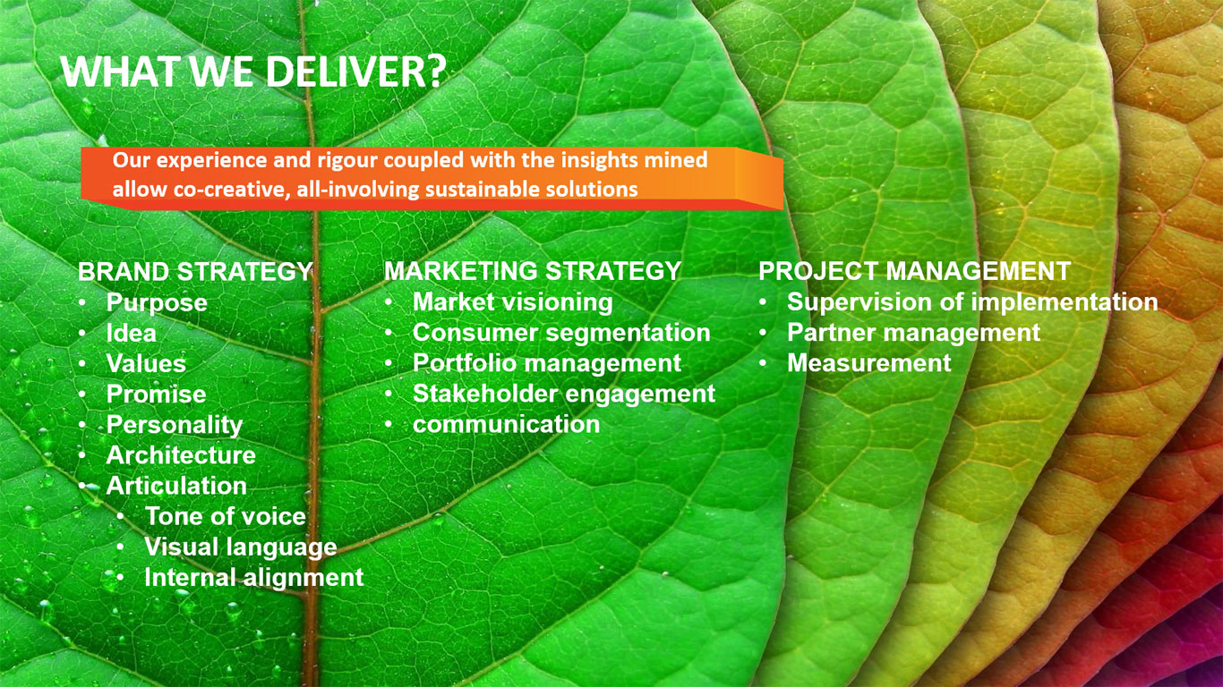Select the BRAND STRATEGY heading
pos(195,272)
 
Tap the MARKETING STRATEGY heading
pos(533,271)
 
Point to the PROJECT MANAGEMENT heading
pos(914,271)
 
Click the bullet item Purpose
pos(157,303)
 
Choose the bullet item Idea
pos(131,333)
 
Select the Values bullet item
pos(146,363)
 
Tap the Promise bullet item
pos(156,394)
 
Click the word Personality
pos(175,426)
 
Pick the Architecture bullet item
pos(181,455)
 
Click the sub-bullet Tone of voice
pos(225,516)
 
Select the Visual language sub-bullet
pos(241,547)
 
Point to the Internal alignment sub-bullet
pos(254,578)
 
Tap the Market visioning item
pos(513,303)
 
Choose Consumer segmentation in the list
pos(561,334)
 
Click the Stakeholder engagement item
pos(564,394)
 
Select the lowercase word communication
pos(506,425)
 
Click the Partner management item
pos(913,334)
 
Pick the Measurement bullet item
pos(869,363)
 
